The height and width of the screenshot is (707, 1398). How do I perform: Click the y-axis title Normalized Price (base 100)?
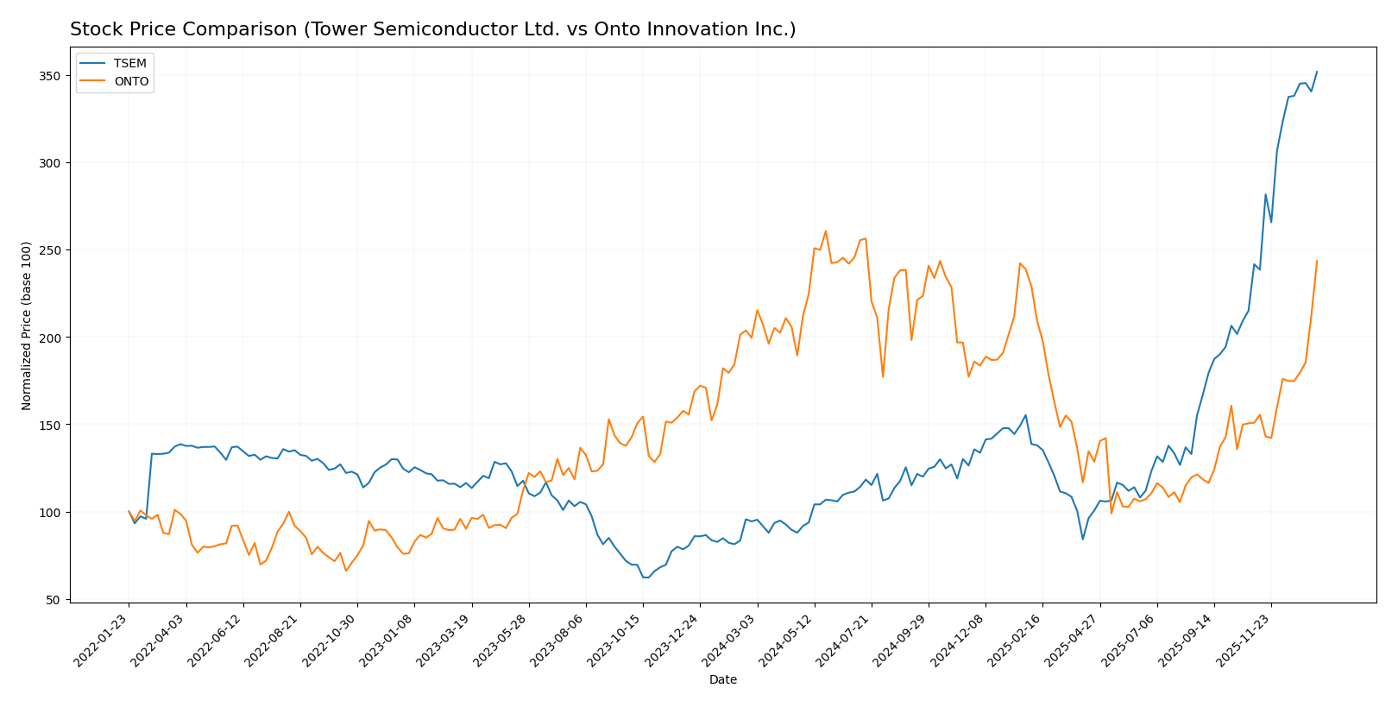(27, 325)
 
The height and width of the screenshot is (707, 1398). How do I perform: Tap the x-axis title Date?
(723, 680)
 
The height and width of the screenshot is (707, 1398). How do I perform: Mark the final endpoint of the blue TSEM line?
(1317, 72)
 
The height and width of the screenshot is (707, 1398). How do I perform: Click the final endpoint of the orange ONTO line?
(1317, 261)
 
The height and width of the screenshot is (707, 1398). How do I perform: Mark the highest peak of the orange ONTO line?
(826, 230)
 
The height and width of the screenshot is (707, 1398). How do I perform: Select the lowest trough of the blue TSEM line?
(645, 578)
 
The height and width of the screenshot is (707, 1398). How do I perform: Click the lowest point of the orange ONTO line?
(346, 571)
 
